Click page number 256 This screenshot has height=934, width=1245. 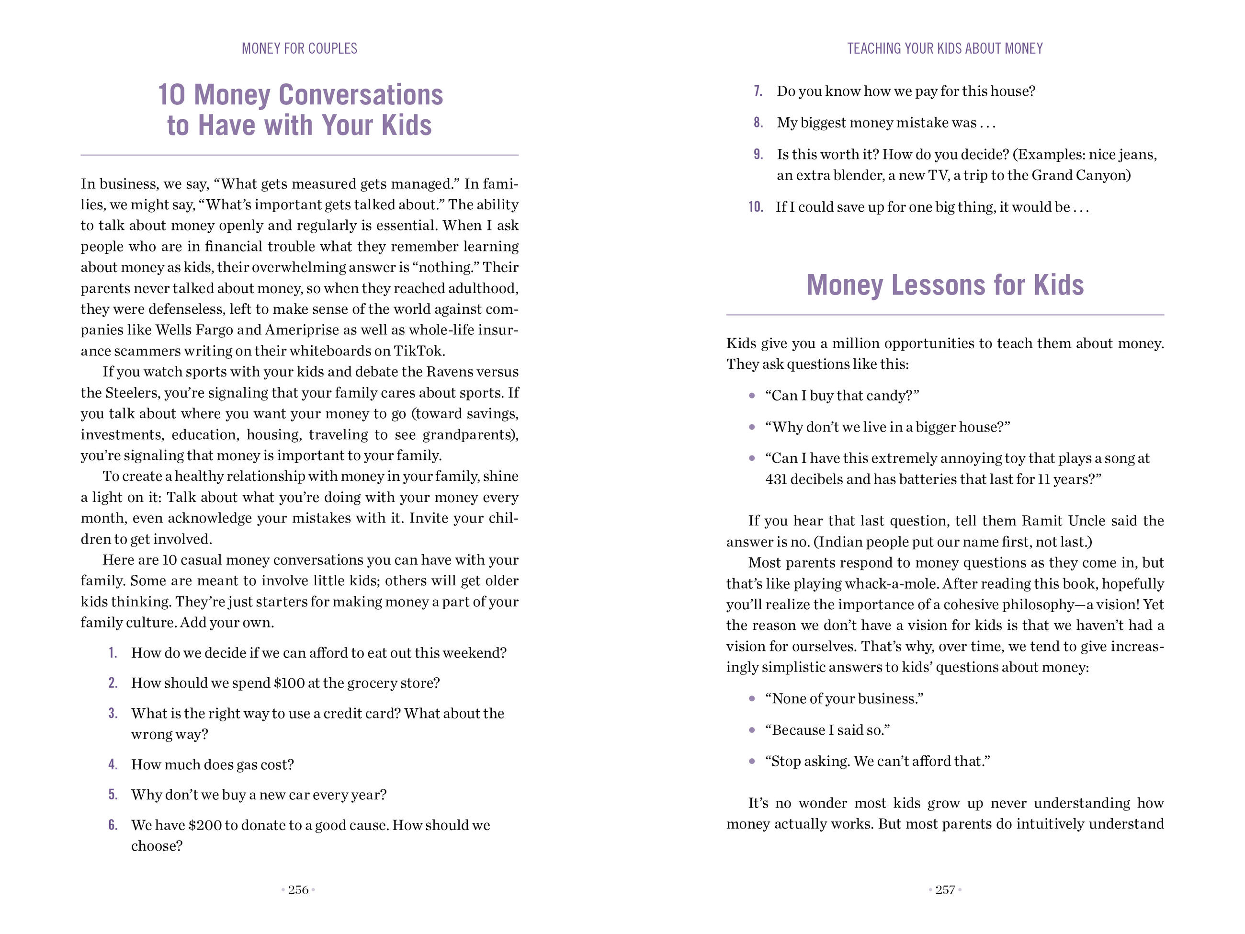tap(298, 889)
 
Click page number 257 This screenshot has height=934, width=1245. tap(945, 889)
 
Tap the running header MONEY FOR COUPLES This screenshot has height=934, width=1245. tap(299, 48)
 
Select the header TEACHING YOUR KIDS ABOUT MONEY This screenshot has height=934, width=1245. tap(945, 48)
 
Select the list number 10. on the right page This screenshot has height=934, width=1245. tap(755, 207)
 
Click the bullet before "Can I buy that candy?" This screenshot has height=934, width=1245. tap(752, 396)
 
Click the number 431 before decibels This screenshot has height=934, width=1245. tap(776, 479)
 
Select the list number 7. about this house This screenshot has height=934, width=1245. tap(758, 91)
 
